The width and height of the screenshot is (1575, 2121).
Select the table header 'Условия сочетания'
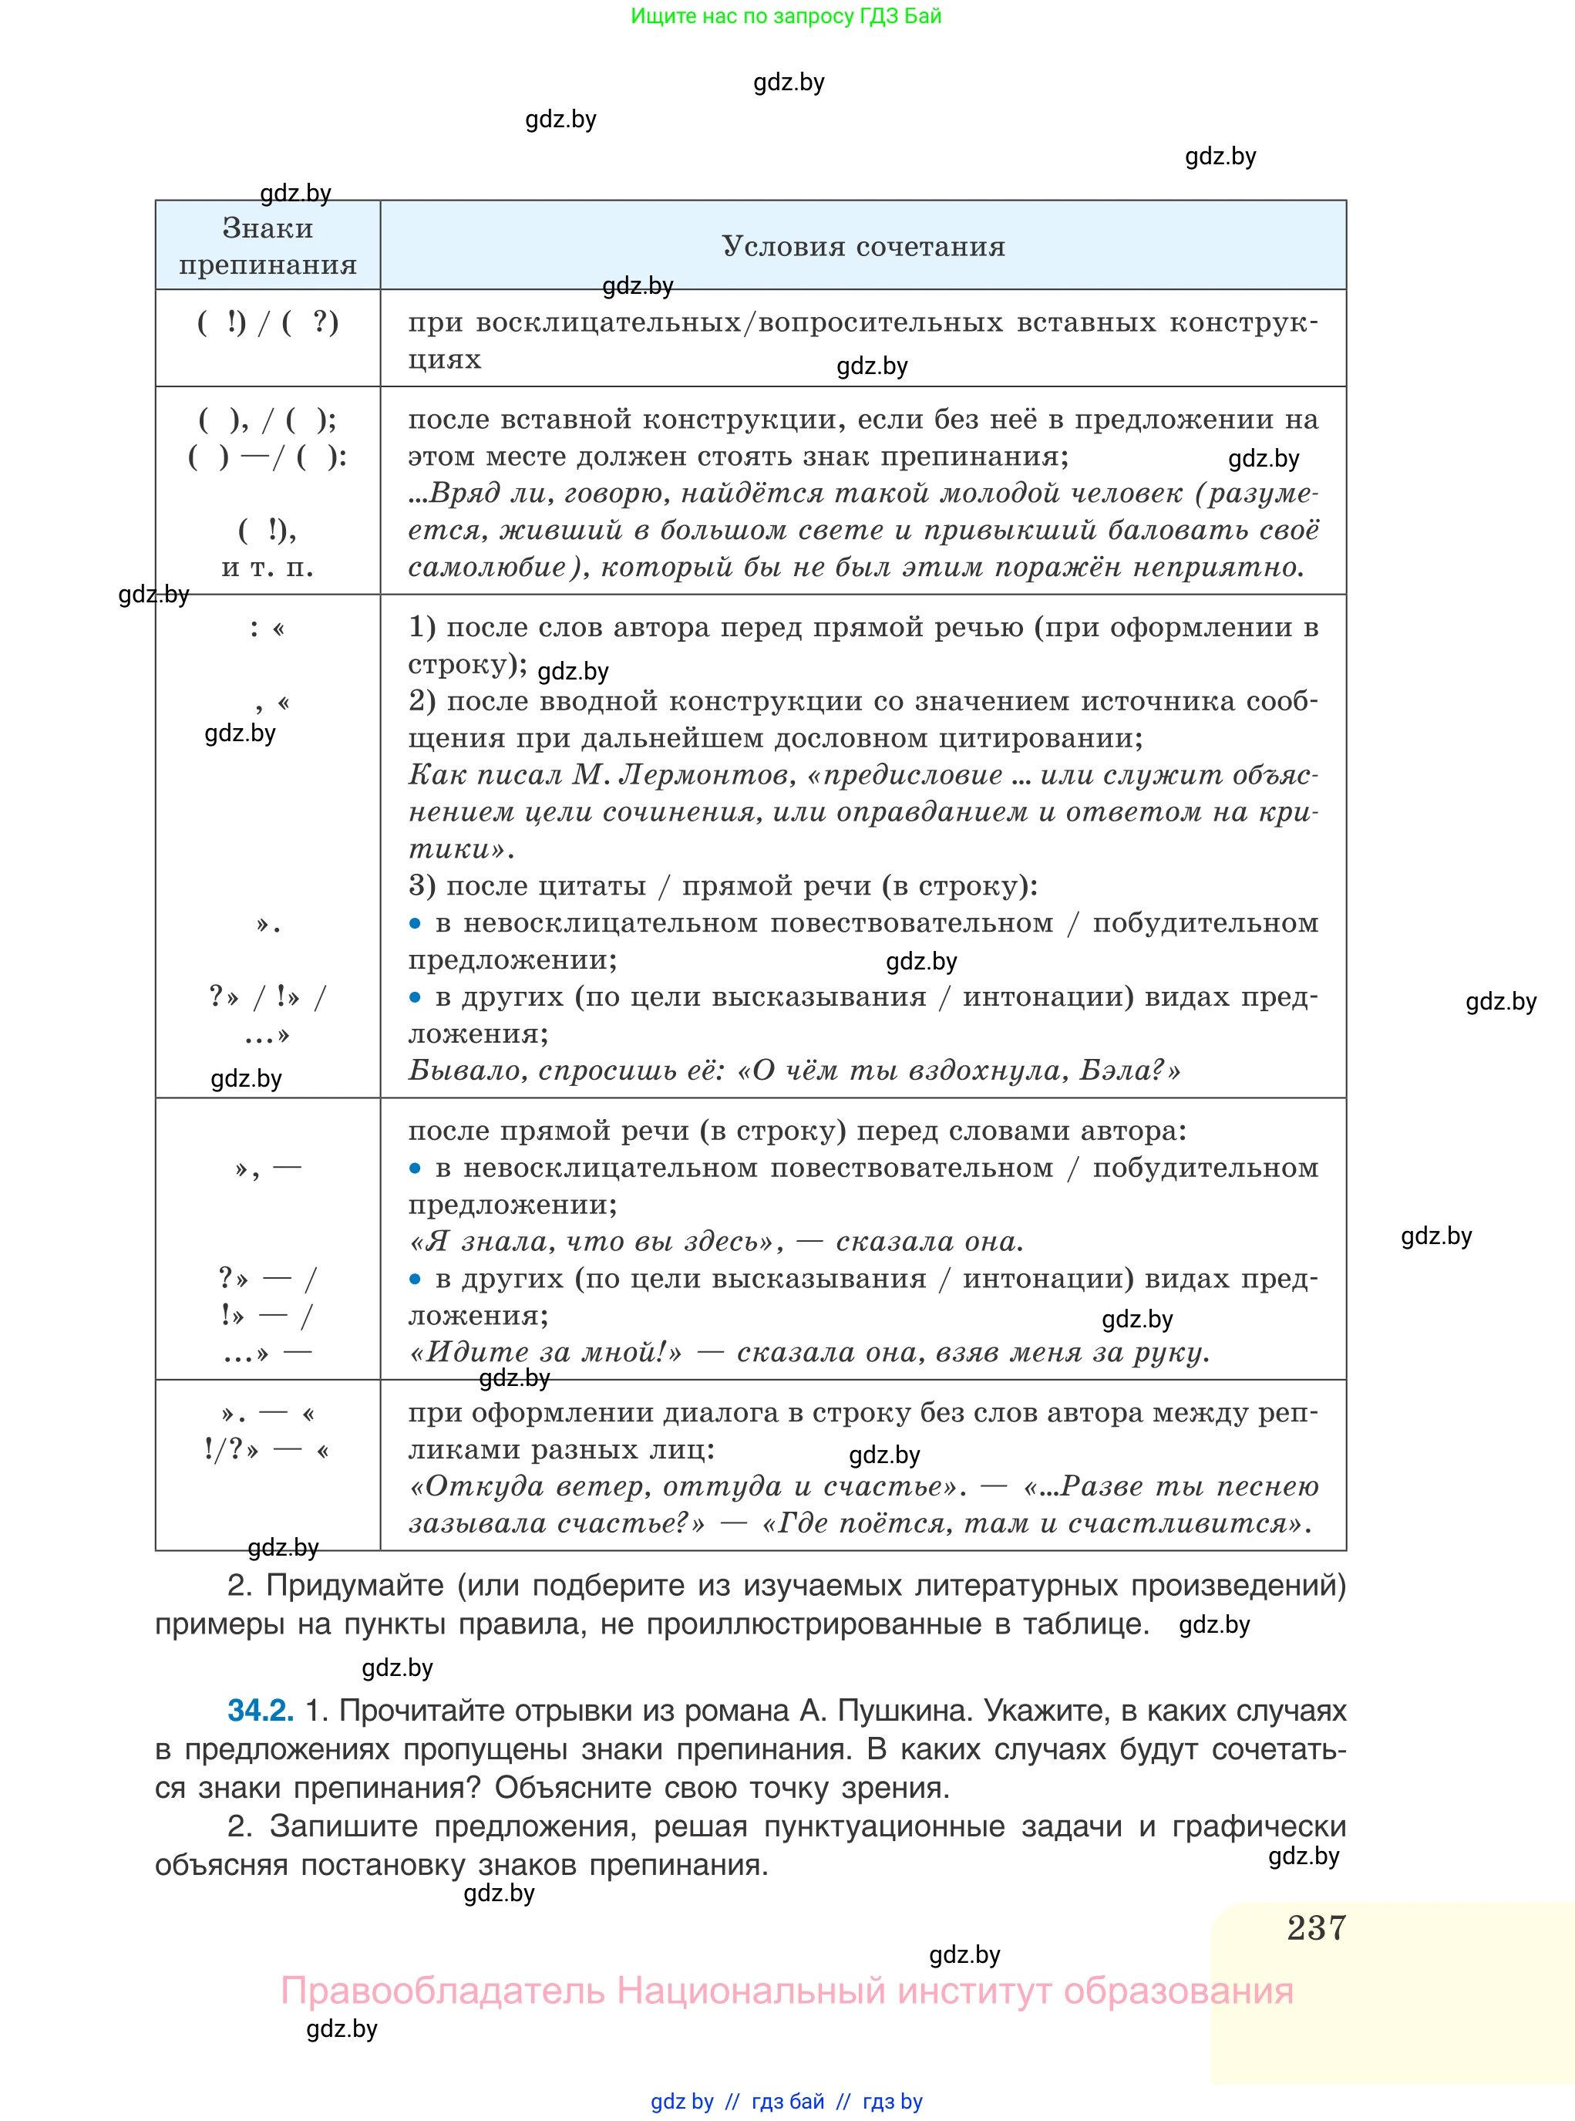tap(863, 246)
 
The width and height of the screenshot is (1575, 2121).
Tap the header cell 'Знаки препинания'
tap(268, 246)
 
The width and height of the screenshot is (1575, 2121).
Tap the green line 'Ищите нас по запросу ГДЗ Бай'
tap(786, 16)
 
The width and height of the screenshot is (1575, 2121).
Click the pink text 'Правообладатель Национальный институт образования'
tap(786, 1991)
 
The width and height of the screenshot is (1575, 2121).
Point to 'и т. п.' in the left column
tap(268, 568)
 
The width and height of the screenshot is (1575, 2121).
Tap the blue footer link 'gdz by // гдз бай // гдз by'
tap(786, 2101)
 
